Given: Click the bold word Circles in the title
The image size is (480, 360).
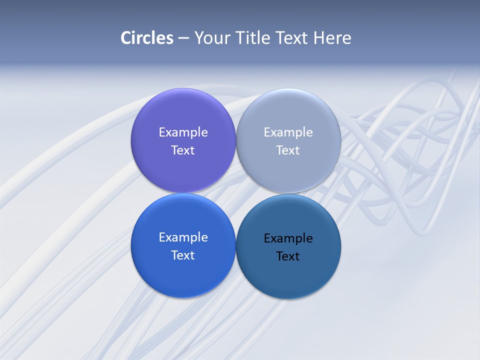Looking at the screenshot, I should coord(147,38).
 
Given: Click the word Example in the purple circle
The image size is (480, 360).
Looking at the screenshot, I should coord(183,132).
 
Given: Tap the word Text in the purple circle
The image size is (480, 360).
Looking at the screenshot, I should coord(183,150).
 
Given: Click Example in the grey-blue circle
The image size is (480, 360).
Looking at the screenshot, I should coord(288,132).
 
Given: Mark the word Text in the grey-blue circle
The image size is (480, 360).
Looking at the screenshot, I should coord(288,150).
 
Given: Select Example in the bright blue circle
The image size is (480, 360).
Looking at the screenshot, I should coord(183,237).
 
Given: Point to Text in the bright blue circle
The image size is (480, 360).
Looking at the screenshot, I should coord(183,255).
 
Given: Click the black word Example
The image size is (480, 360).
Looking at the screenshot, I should coord(288,238).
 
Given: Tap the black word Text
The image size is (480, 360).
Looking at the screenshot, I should coord(288,256).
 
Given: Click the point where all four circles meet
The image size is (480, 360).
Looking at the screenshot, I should coord(236,193).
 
